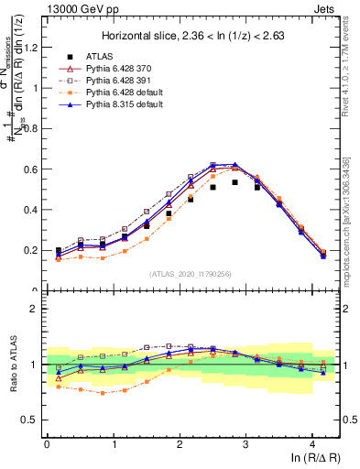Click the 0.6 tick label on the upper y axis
click(33, 169)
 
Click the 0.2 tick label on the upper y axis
click(33, 250)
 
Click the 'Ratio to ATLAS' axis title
click(13, 366)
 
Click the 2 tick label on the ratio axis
click(37, 309)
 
